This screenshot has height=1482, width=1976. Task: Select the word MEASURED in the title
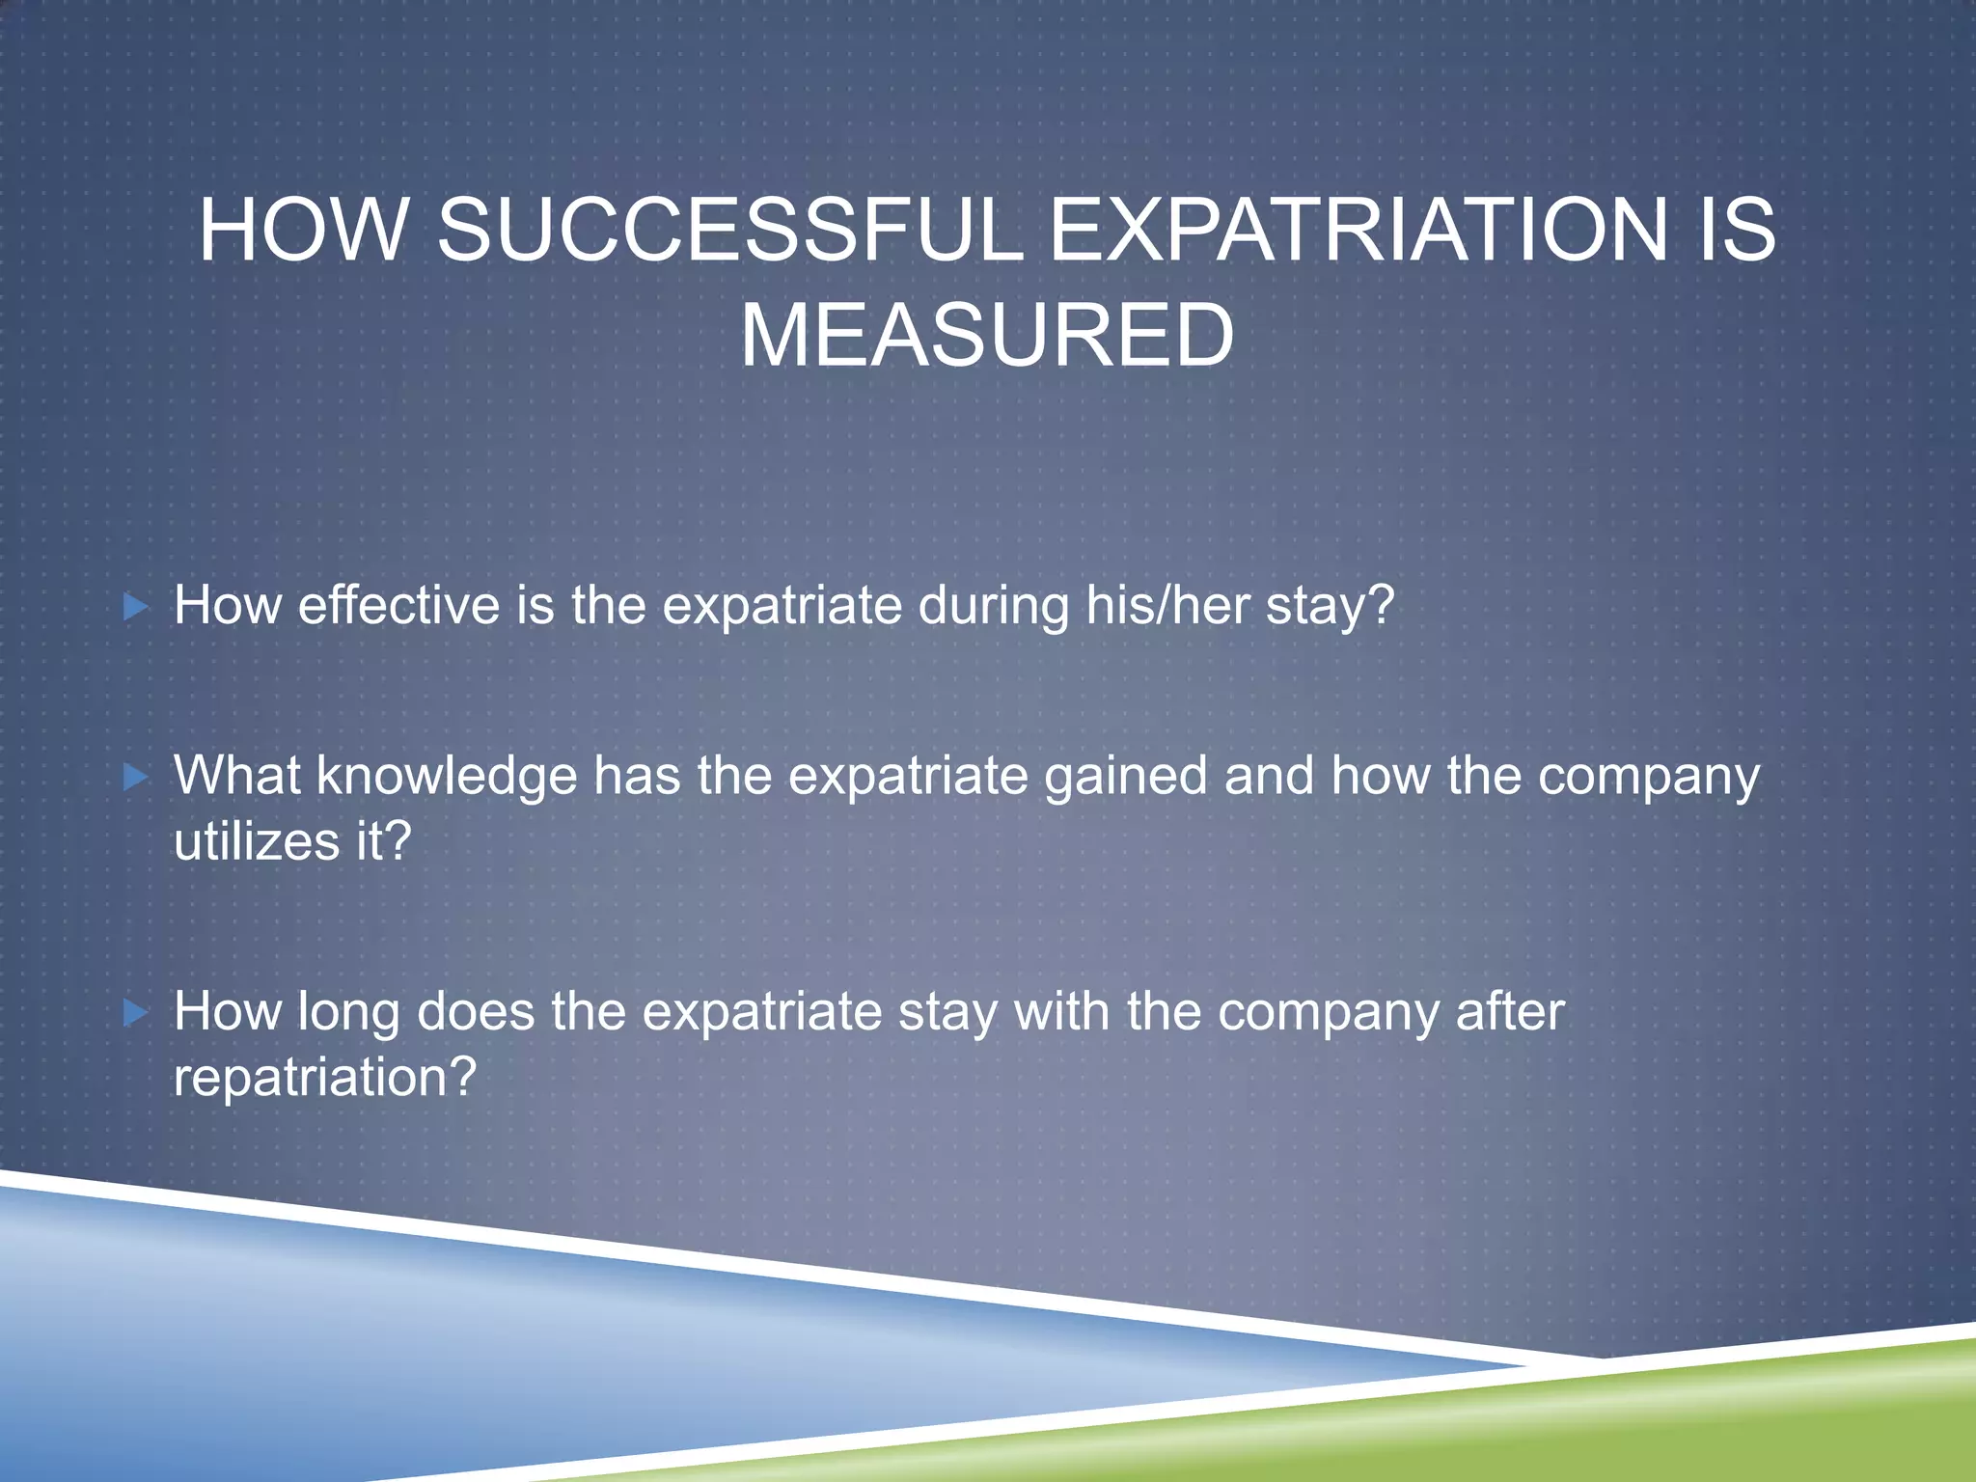[987, 335]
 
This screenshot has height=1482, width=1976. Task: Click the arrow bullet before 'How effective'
[136, 607]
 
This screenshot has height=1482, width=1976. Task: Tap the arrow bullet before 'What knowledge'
[136, 777]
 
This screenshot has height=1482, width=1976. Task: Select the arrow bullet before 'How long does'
[136, 1012]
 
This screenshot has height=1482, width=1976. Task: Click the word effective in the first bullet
[398, 605]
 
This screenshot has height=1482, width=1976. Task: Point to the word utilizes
[257, 840]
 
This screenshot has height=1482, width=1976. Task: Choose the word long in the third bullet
[348, 1014]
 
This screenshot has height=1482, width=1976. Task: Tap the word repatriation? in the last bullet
[325, 1078]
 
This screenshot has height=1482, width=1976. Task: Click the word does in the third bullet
[476, 1012]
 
